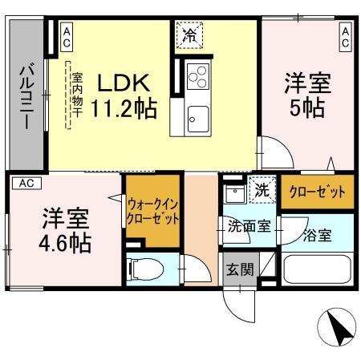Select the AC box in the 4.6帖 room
(26, 183)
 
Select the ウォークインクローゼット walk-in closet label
(152, 211)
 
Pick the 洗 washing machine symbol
(260, 191)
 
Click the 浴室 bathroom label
(316, 236)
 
